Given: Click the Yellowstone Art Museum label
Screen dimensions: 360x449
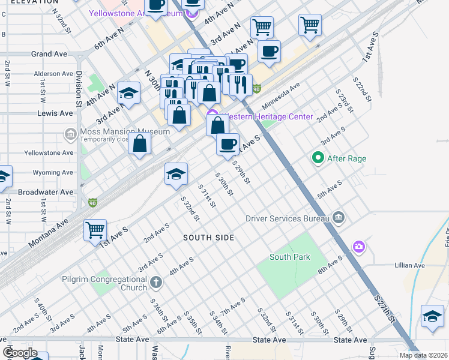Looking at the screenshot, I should pos(135,14).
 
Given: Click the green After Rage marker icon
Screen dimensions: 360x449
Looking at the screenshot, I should pos(318,158).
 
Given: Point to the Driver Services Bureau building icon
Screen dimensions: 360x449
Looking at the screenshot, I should pos(338,218).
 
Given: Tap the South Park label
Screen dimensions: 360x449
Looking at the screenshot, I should pos(290,257).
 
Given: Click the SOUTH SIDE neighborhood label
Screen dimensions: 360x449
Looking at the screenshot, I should pos(208,238).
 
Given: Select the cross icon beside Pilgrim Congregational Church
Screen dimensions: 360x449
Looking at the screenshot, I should pos(155,281).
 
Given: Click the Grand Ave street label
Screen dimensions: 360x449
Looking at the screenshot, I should pos(49,54).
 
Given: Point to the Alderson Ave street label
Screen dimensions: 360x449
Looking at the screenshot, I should pos(54,74).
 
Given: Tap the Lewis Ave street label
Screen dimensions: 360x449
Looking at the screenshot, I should pos(54,113).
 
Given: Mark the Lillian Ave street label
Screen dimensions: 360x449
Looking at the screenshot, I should pos(410,265).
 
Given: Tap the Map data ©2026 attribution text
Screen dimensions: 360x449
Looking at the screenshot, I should pos(423,355).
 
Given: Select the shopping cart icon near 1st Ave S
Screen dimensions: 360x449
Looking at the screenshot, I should pos(95,229).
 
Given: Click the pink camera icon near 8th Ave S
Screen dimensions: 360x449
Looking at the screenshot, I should pos(359,247).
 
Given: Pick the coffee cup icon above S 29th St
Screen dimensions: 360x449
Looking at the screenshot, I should pos(228,145).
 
